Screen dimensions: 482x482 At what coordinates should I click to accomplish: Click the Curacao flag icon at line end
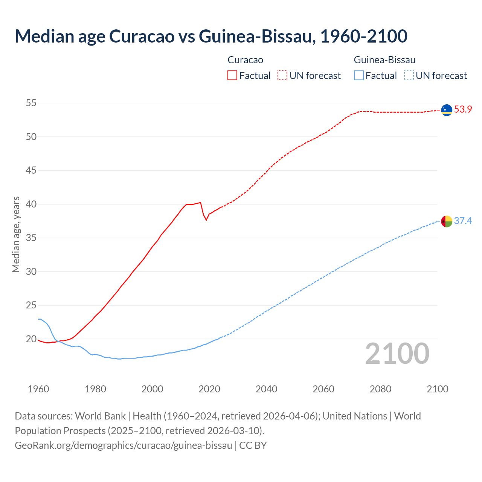click(x=447, y=110)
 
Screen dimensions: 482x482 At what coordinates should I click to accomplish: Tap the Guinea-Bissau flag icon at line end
click(x=447, y=221)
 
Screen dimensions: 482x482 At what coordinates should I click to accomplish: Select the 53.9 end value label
click(x=463, y=110)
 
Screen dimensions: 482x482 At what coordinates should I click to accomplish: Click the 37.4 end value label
click(x=463, y=221)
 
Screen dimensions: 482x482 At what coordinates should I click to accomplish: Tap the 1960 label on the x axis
click(x=38, y=389)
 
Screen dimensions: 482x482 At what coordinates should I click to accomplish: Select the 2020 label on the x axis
click(x=209, y=389)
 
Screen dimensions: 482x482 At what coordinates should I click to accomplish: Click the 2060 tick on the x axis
click(x=323, y=389)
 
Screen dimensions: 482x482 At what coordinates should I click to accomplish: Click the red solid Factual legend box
click(x=232, y=76)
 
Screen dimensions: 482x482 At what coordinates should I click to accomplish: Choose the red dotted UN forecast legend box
click(x=282, y=76)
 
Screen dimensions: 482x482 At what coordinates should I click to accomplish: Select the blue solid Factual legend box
click(x=359, y=76)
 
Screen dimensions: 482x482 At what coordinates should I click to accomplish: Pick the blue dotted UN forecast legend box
click(x=409, y=76)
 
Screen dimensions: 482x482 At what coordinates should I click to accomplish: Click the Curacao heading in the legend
click(x=245, y=60)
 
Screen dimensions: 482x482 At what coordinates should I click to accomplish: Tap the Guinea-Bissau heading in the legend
click(x=384, y=60)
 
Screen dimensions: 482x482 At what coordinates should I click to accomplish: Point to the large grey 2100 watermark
click(x=397, y=353)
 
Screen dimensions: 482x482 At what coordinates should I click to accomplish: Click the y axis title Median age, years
click(x=16, y=234)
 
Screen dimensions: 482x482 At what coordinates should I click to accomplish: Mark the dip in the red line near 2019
click(x=206, y=220)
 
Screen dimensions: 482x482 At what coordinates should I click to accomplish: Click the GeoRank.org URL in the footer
click(x=124, y=445)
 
